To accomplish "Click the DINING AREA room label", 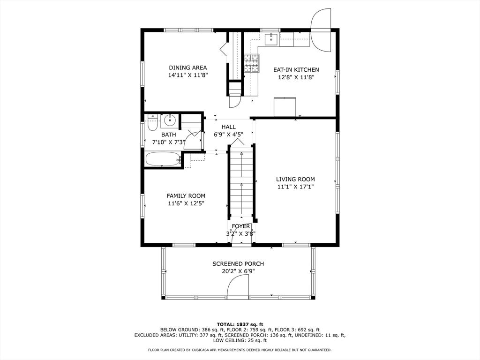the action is click(188, 67).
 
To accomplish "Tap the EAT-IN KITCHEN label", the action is click(296, 70).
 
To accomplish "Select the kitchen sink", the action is click(271, 39).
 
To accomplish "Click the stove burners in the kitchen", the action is click(252, 63).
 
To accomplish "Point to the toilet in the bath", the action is click(152, 122).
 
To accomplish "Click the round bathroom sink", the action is click(170, 120).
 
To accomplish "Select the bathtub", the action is click(163, 159).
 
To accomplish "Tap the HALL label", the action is click(229, 127).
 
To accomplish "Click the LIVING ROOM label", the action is click(295, 180).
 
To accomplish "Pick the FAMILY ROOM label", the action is click(186, 196).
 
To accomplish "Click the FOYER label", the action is click(241, 226).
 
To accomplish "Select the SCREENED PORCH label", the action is click(238, 263).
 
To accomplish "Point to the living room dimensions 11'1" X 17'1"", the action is click(295, 187).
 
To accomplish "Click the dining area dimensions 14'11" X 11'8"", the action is click(188, 75).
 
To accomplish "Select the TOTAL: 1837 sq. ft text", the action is click(240, 324).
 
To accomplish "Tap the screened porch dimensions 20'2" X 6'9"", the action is click(238, 271).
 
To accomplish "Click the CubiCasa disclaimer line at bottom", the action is click(240, 350).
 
